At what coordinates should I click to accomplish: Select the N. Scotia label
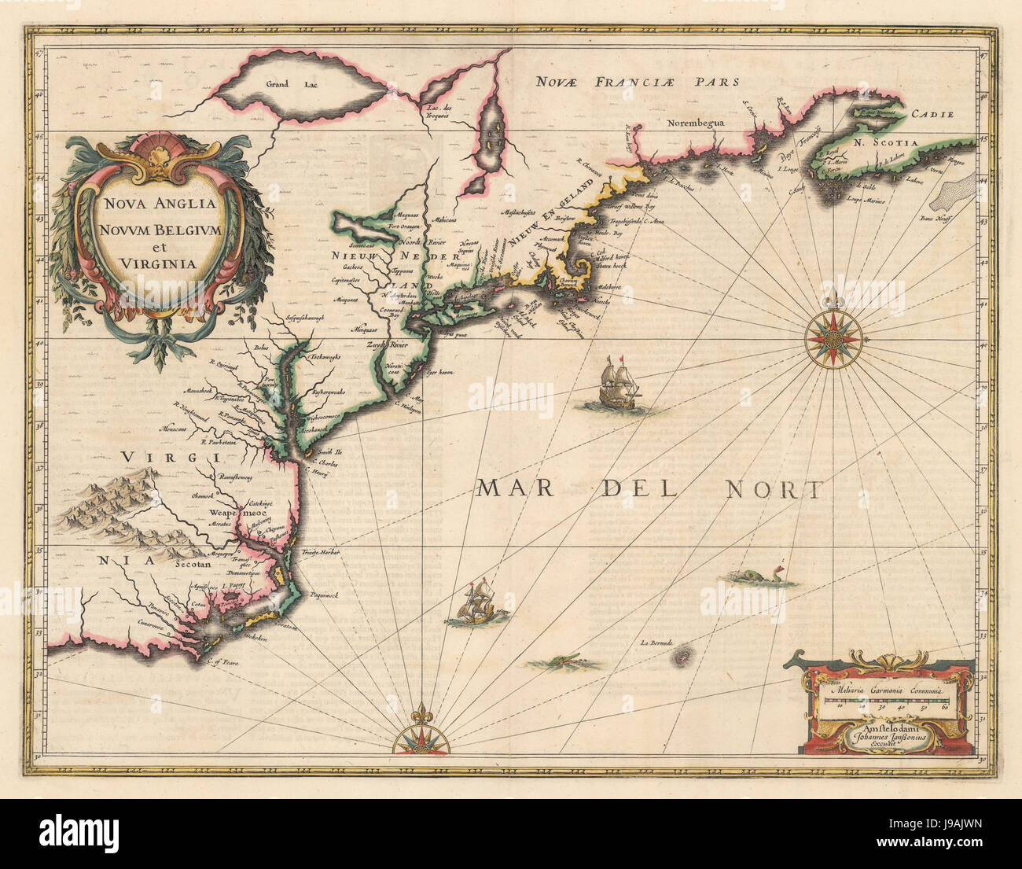click(886, 144)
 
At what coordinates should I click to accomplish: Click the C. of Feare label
click(222, 662)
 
